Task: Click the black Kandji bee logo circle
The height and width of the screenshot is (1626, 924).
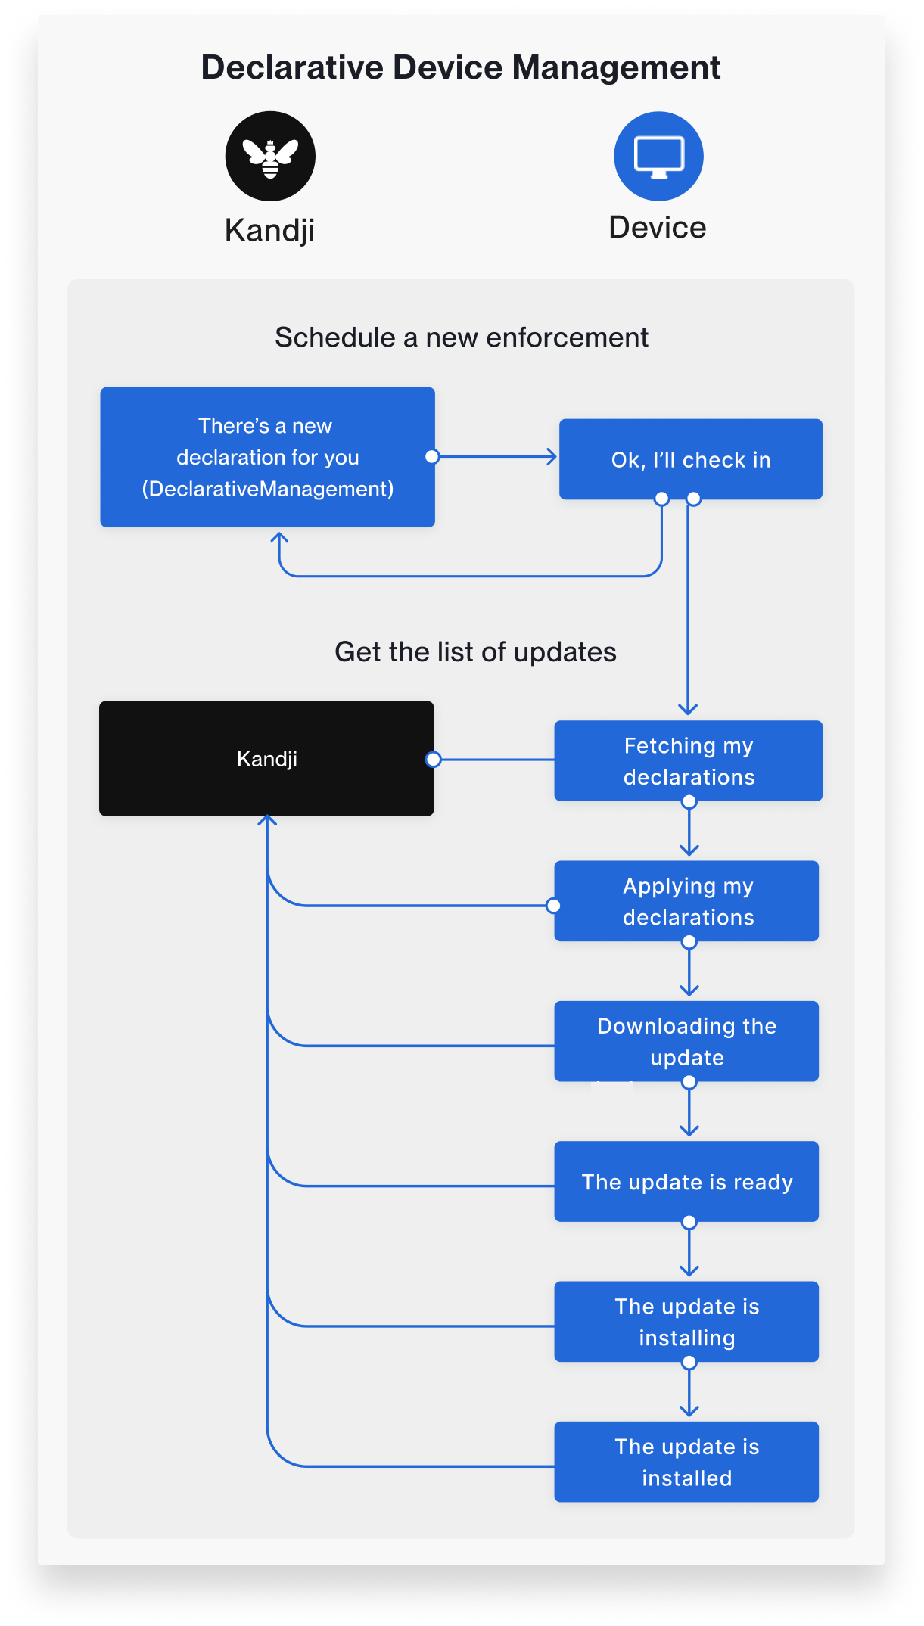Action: point(270,157)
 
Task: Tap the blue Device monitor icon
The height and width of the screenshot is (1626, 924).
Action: point(658,157)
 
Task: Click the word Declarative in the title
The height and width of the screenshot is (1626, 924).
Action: point(292,67)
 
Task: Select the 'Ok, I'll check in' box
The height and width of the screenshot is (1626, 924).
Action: point(690,459)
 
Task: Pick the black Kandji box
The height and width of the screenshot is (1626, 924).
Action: point(266,758)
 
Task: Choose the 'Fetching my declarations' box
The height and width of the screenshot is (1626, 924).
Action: point(688,760)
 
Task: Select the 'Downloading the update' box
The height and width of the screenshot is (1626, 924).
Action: point(686,1041)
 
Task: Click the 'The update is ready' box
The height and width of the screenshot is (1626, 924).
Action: point(686,1181)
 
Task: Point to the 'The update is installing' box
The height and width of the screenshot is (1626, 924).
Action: point(686,1321)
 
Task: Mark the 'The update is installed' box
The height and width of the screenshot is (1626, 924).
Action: point(686,1461)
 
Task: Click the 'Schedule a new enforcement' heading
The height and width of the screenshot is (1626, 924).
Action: point(462,337)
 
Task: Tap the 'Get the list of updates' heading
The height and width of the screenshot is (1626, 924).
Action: point(475,652)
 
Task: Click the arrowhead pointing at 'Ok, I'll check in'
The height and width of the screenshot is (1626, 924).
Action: point(552,457)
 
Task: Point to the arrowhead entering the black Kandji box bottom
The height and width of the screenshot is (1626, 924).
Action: point(267,820)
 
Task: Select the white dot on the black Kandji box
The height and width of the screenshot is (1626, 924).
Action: point(433,759)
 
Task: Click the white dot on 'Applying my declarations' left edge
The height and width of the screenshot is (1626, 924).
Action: point(553,906)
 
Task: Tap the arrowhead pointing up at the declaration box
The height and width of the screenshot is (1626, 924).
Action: point(279,537)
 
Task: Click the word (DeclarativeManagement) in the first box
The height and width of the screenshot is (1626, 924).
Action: point(267,489)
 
